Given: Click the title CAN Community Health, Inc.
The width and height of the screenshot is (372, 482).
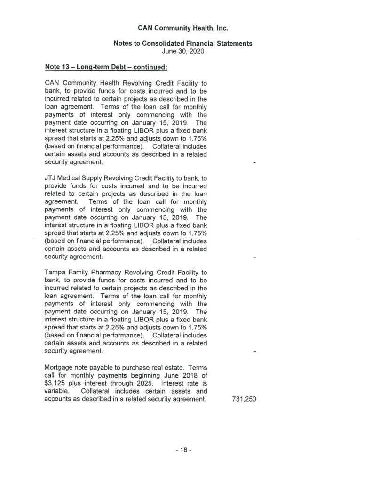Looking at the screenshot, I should click(183, 28).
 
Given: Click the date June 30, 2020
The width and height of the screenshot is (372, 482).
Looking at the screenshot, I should click(183, 51).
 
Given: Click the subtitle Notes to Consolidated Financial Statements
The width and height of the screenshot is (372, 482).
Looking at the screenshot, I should click(183, 43).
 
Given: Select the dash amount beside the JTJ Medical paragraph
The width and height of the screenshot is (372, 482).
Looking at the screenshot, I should click(254, 258).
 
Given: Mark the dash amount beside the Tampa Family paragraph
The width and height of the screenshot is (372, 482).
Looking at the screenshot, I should click(254, 352).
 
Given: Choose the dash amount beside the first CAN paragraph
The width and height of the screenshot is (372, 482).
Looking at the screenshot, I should click(254, 162).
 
